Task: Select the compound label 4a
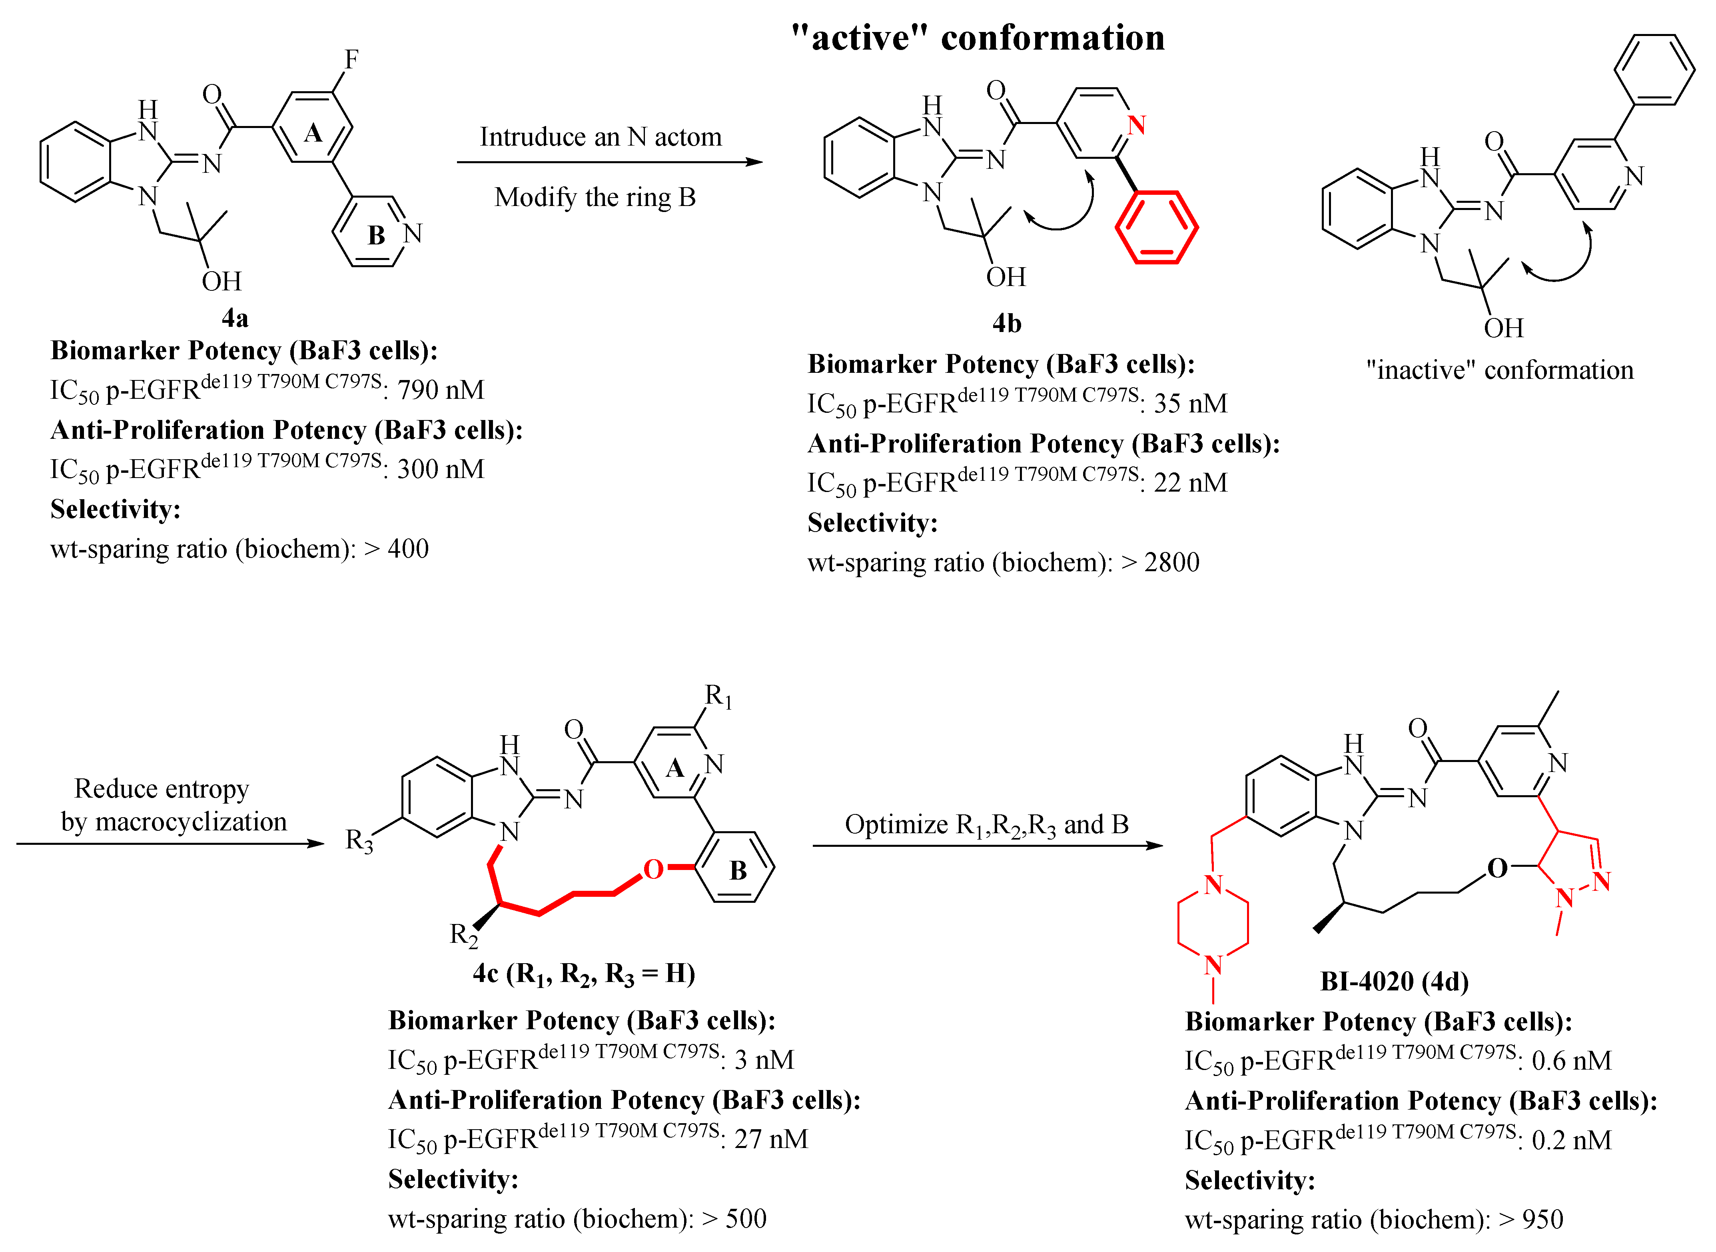tap(235, 318)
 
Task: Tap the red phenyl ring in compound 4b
tap(1156, 227)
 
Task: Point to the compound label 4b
tap(1007, 324)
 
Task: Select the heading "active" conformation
tap(977, 38)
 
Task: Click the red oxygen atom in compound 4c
tap(653, 869)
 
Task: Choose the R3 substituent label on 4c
tap(359, 840)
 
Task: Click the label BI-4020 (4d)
tap(1394, 982)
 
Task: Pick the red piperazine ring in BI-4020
tap(1213, 925)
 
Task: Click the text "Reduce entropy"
tap(162, 789)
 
